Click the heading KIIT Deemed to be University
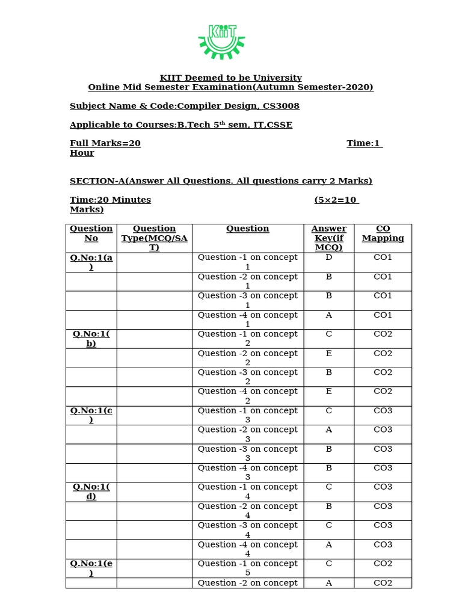[x=230, y=78]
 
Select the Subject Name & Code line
[x=184, y=106]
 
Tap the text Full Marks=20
[x=105, y=143]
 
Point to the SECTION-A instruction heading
[x=221, y=180]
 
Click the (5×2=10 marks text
[x=336, y=200]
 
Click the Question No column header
[x=91, y=233]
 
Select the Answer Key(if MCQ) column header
[x=328, y=238]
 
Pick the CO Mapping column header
[x=383, y=233]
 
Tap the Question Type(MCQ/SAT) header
[x=154, y=238]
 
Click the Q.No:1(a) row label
[x=91, y=262]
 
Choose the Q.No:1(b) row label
[x=91, y=339]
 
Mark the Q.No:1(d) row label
[x=91, y=491]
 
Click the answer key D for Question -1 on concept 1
[x=328, y=257]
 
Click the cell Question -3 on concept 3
[x=247, y=453]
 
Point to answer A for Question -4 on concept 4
[x=328, y=544]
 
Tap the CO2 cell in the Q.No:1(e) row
[x=383, y=564]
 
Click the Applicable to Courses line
[x=180, y=125]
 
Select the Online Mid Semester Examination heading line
[x=230, y=87]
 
